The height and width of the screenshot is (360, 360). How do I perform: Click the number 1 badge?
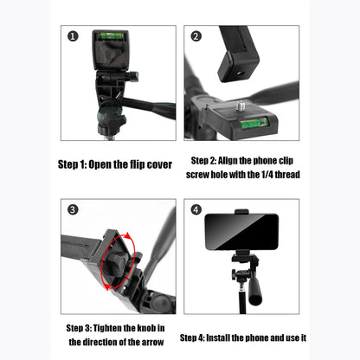[73, 36]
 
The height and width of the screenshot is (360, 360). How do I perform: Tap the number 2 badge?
[196, 36]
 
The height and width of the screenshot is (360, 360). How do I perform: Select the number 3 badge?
[73, 210]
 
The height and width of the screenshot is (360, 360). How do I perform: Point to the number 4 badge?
[196, 210]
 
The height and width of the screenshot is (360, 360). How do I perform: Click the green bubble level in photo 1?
[110, 35]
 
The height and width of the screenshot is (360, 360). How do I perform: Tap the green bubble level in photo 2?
[253, 123]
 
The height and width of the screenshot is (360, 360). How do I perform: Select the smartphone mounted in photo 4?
[241, 231]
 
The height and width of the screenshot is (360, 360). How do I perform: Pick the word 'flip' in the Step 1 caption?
[145, 164]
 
